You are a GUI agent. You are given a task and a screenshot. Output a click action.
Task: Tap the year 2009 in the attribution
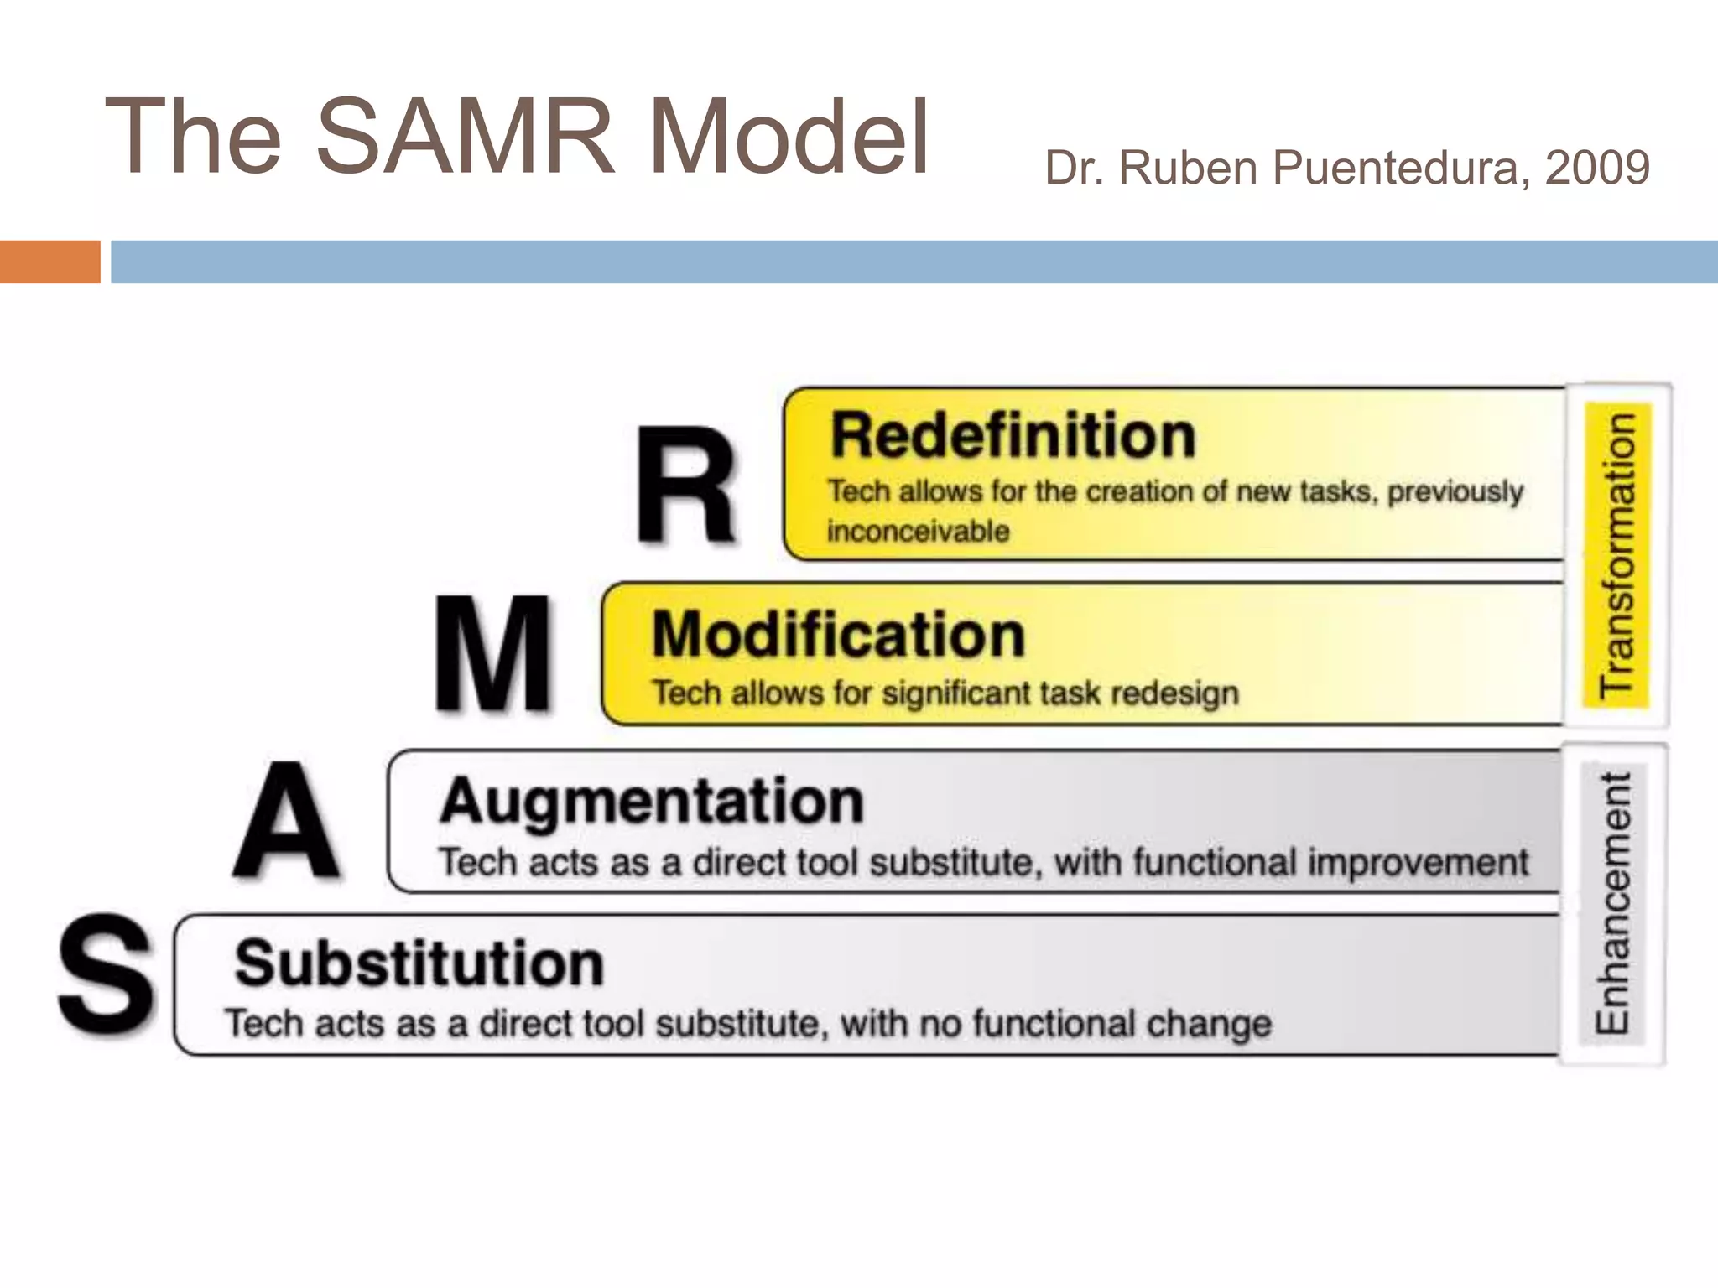pyautogui.click(x=1597, y=168)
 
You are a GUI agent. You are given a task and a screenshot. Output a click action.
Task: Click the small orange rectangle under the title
pyautogui.click(x=49, y=262)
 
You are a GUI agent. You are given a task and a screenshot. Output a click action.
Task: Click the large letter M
pyautogui.click(x=493, y=653)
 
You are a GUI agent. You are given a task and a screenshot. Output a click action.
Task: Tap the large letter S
pyautogui.click(x=107, y=974)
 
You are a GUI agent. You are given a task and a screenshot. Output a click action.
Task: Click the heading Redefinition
pyautogui.click(x=1013, y=436)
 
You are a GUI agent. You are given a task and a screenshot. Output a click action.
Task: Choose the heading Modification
pyautogui.click(x=839, y=635)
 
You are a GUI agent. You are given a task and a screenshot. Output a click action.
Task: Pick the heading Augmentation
pyautogui.click(x=652, y=802)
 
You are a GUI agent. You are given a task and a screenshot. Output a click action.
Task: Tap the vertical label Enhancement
pyautogui.click(x=1612, y=903)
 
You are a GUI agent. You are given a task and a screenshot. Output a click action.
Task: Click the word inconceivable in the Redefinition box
pyautogui.click(x=919, y=532)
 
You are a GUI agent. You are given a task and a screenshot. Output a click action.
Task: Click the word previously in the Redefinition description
pyautogui.click(x=1455, y=492)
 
